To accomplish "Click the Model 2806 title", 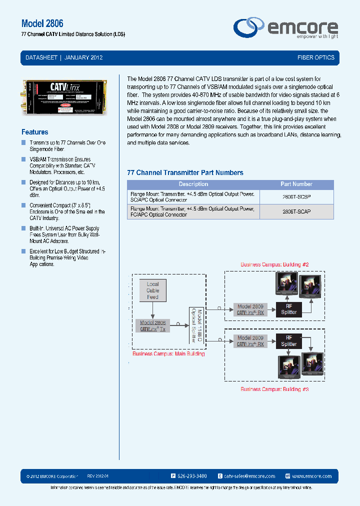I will point(42,23).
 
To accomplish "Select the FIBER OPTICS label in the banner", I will point(316,57).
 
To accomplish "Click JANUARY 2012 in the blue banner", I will point(84,57).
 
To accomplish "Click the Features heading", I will point(35,132).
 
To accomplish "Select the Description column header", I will point(193,184).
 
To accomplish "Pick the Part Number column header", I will point(296,184).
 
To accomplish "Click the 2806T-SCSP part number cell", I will point(296,197).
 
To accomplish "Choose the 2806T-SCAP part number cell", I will point(296,211).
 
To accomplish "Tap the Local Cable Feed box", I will point(152,290).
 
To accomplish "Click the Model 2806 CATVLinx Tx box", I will point(152,326).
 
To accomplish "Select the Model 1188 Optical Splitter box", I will point(195,325).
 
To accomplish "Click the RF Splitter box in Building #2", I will point(289,309).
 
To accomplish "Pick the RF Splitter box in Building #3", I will point(289,341).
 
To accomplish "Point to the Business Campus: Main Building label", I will point(168,354).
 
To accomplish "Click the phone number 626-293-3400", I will point(192,476).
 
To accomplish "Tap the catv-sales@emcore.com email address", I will point(249,476).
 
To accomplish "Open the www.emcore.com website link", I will point(311,476).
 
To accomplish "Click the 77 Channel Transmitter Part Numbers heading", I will point(185,172).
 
